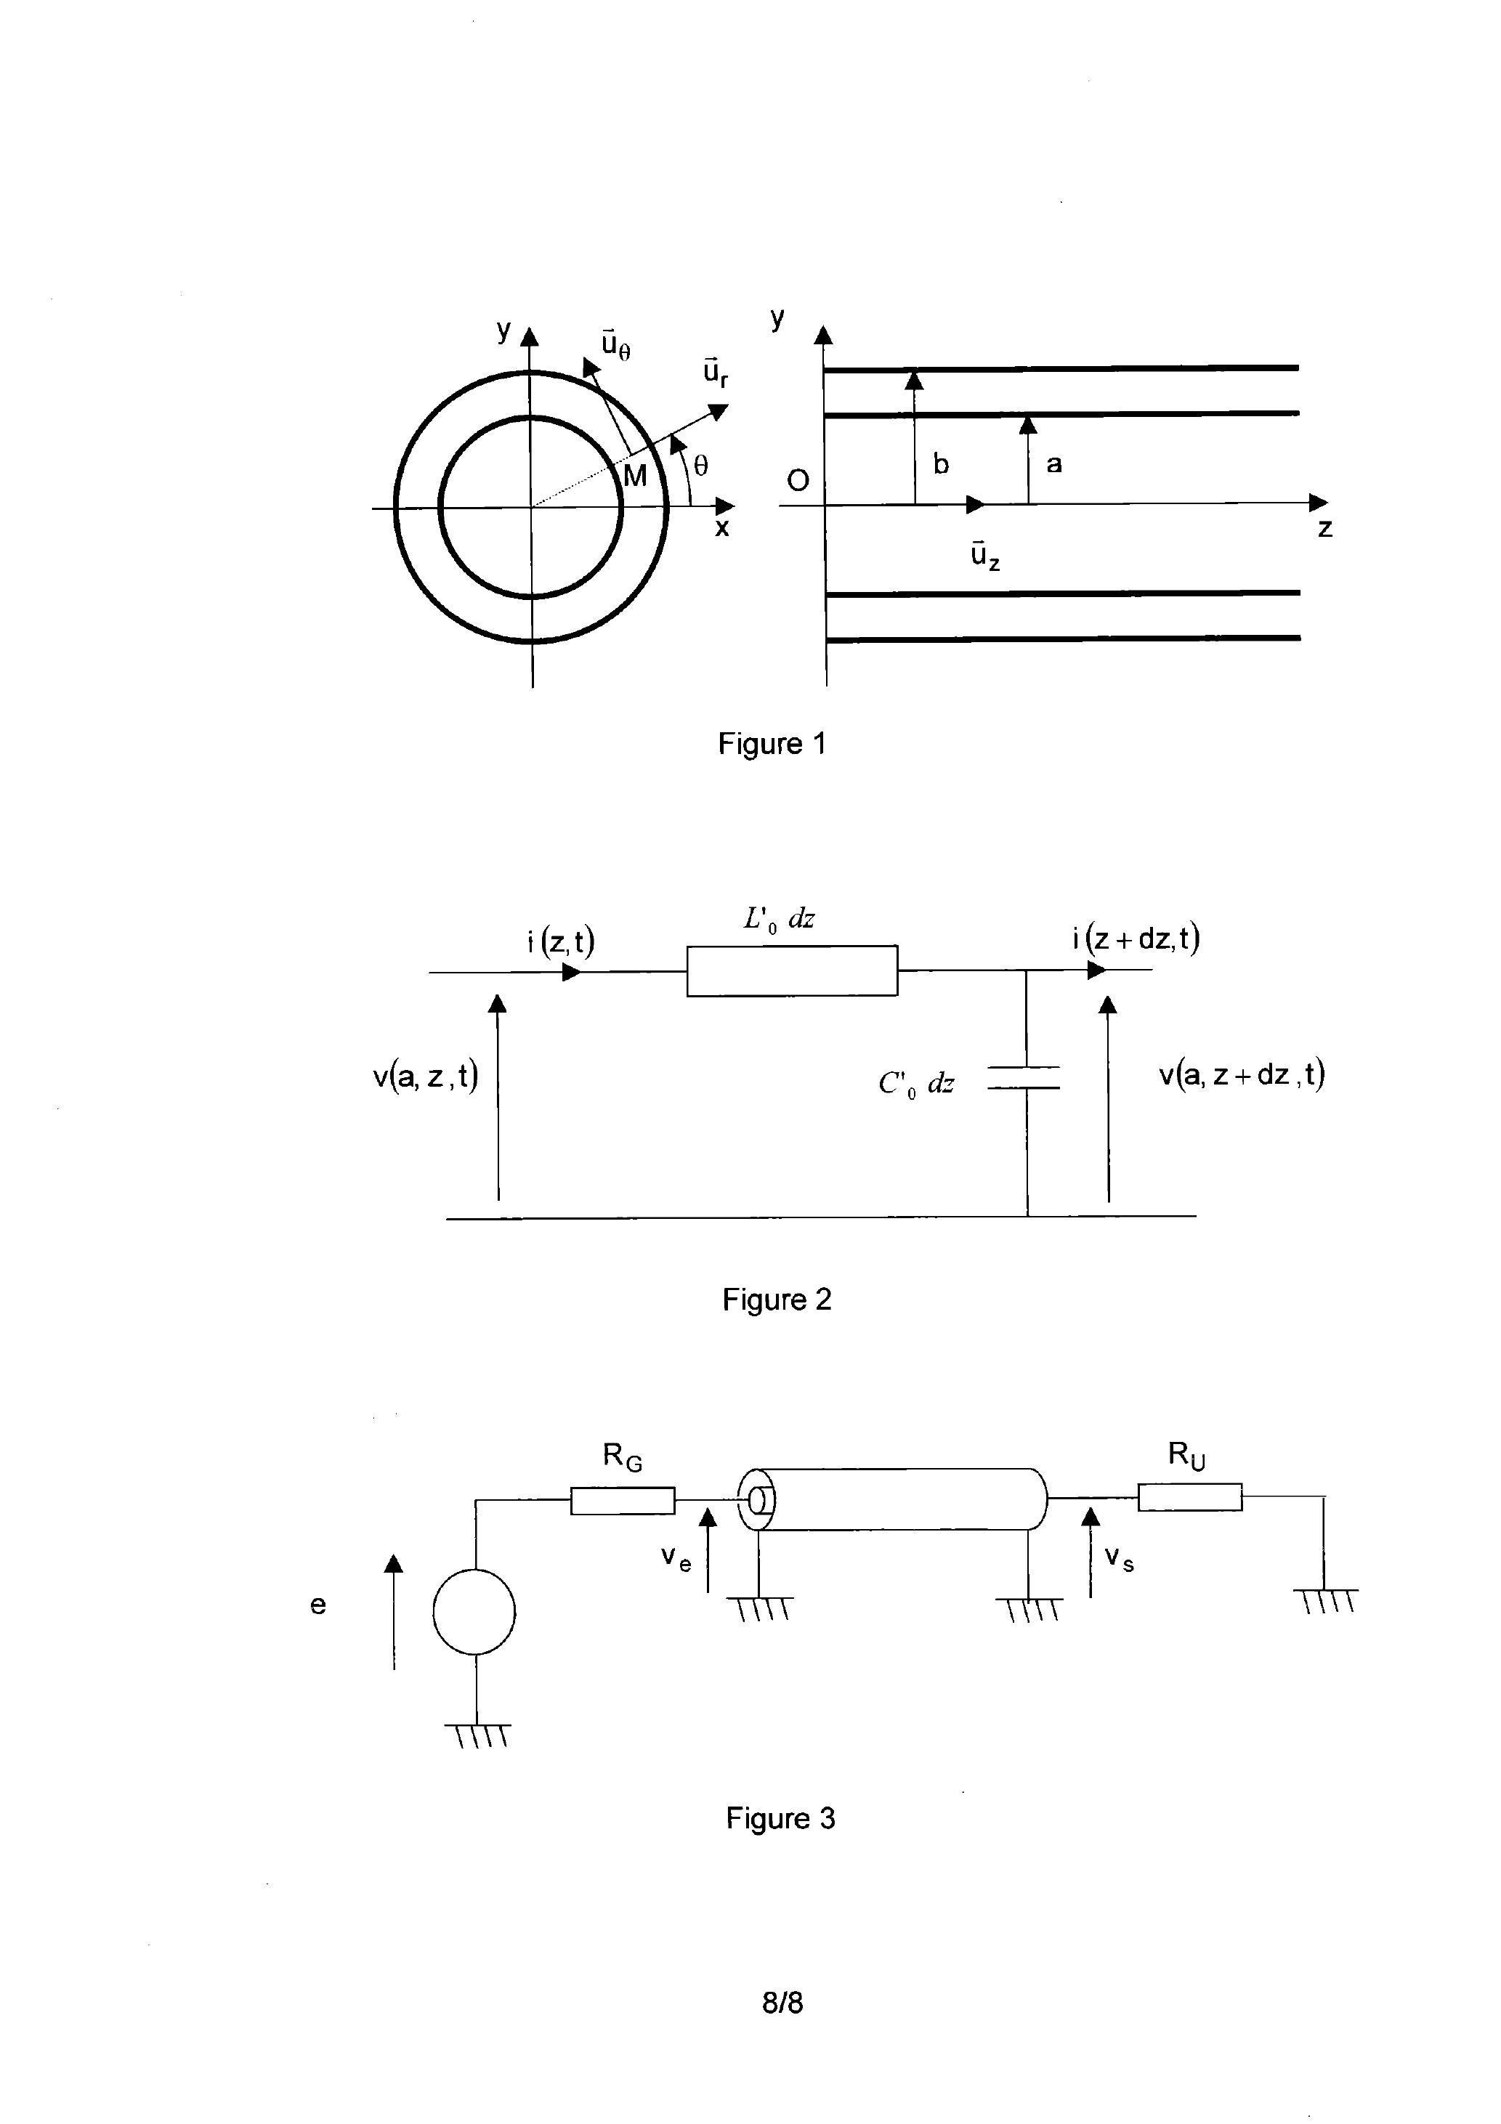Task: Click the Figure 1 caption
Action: point(771,744)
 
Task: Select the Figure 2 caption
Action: point(777,1300)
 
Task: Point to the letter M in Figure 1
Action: point(635,477)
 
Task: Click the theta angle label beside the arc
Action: point(700,466)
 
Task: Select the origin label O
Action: point(797,480)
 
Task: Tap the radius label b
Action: point(940,464)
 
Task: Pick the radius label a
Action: point(1053,464)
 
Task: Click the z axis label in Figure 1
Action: point(1324,528)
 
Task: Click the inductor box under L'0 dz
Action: point(791,970)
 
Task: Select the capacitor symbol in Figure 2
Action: point(1024,1078)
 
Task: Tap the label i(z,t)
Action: point(561,941)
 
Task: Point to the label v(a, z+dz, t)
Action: point(1241,1075)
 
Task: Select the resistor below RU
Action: point(1189,1497)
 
